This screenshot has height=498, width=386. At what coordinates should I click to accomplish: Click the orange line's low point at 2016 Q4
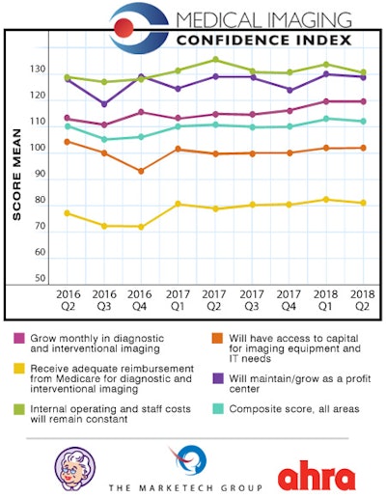coord(141,171)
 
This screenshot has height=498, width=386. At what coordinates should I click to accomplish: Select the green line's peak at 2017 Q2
coord(215,60)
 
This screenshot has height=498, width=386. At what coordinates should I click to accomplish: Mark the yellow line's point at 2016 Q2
coord(67,212)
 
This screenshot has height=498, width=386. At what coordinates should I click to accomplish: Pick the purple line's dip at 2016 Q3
coord(104,104)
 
